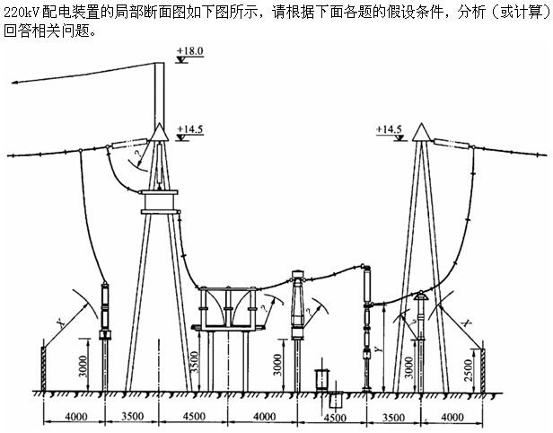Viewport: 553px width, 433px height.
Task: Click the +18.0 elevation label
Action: pyautogui.click(x=190, y=51)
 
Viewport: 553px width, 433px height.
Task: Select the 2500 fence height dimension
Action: pyautogui.click(x=469, y=370)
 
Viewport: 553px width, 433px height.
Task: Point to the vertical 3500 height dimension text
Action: pyautogui.click(x=194, y=362)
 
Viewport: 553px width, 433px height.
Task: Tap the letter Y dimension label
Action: pyautogui.click(x=379, y=349)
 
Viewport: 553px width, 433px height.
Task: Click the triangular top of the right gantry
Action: pyautogui.click(x=422, y=133)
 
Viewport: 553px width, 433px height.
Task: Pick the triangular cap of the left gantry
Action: pyautogui.click(x=160, y=133)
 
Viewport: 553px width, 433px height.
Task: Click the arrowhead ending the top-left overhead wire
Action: pyautogui.click(x=14, y=83)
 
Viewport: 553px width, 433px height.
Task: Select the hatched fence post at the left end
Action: pyautogui.click(x=43, y=369)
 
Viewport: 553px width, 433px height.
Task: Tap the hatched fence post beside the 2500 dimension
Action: pyautogui.click(x=483, y=370)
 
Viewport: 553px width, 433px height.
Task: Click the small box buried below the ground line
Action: pyautogui.click(x=336, y=400)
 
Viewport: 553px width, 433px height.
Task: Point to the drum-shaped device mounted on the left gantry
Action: pyautogui.click(x=160, y=202)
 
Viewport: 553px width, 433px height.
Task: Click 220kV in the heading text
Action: pyautogui.click(x=22, y=13)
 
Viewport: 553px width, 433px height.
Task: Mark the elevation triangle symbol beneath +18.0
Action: pyautogui.click(x=182, y=60)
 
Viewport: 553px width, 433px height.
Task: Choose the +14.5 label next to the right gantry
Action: pyautogui.click(x=389, y=129)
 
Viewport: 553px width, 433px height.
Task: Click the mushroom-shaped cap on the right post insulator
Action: pyautogui.click(x=421, y=296)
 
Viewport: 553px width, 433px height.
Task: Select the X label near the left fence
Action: pyautogui.click(x=62, y=323)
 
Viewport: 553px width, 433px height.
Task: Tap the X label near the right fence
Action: pyautogui.click(x=467, y=323)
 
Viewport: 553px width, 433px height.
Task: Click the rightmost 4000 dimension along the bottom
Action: pyautogui.click(x=452, y=418)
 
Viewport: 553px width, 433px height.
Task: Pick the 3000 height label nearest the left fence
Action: pyautogui.click(x=83, y=366)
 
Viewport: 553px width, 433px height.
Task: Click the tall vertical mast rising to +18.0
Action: pyautogui.click(x=160, y=95)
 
